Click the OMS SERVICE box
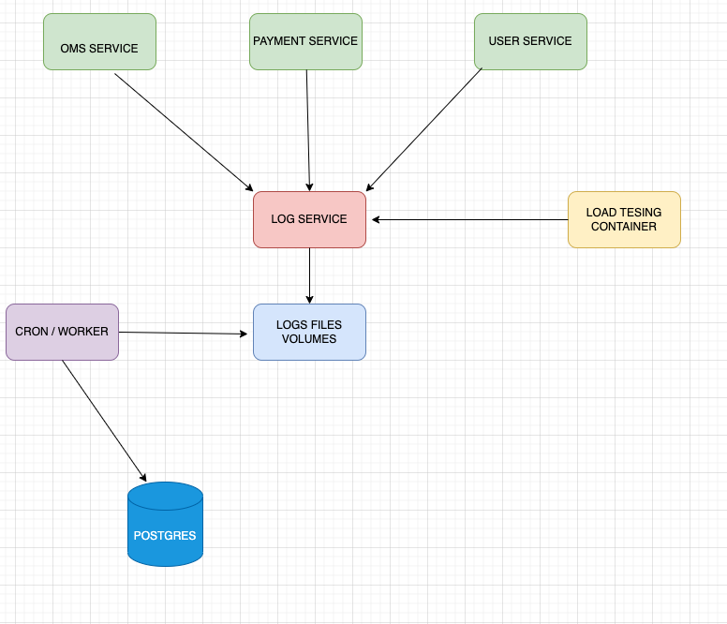click(99, 42)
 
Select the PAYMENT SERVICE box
click(305, 42)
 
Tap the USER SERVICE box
click(530, 42)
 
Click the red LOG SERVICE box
click(309, 219)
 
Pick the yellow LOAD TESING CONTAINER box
click(624, 219)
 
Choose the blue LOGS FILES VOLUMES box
click(309, 332)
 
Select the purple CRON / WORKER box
click(62, 332)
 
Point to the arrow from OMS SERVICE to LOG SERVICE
click(184, 132)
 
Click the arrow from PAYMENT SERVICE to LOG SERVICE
click(308, 130)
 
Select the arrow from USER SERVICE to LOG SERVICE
click(423, 130)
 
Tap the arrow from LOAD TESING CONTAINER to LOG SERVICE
click(469, 220)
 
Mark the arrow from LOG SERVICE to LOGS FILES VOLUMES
click(309, 275)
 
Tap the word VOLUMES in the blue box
click(309, 339)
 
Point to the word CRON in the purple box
click(31, 332)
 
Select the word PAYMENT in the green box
click(277, 41)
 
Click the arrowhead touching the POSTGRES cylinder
click(142, 476)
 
